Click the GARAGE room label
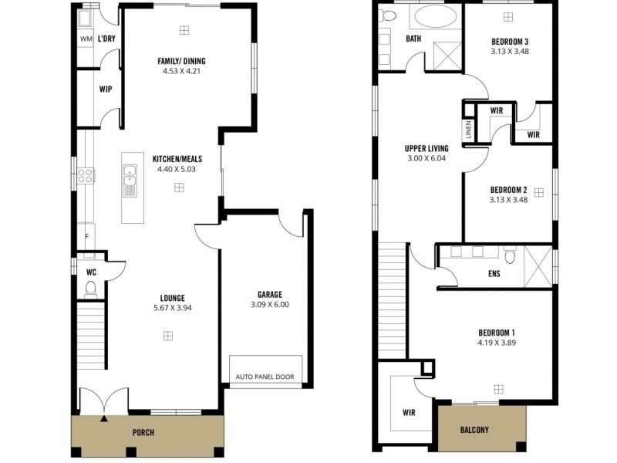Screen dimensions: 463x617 coord(269,294)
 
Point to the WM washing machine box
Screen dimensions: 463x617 coord(86,39)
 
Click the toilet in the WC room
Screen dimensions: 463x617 coord(90,288)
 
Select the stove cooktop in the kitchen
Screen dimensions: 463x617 coord(85,176)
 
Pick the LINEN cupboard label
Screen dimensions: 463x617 coord(468,130)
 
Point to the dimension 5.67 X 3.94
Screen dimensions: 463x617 coord(172,307)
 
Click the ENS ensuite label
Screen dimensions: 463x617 coord(494,273)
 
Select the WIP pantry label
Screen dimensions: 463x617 coord(106,90)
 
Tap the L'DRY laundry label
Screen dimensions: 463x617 coord(106,37)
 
